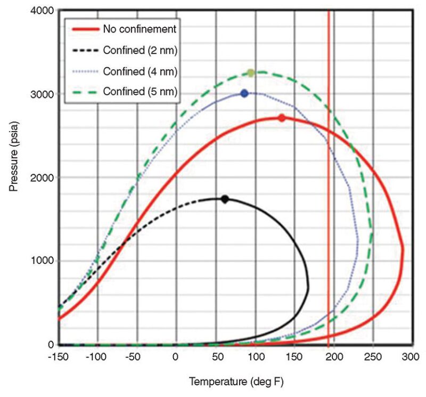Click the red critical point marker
point(282,118)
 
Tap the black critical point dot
point(225,199)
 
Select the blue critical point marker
point(244,93)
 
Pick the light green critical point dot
point(251,73)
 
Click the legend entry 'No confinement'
point(140,29)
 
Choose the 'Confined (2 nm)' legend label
point(140,50)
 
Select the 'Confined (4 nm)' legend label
point(140,71)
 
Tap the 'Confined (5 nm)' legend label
point(140,93)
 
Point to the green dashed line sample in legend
point(83,93)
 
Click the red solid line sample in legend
point(83,29)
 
